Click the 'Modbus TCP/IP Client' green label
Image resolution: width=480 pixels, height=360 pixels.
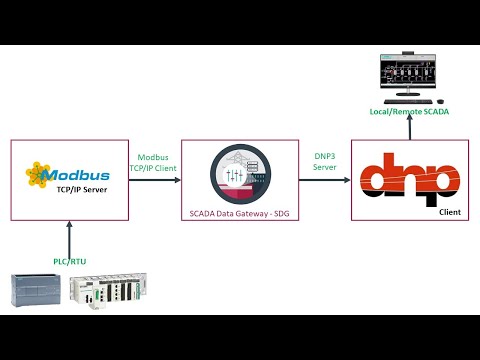tap(154, 162)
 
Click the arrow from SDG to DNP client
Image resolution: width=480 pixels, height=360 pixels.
tap(324, 180)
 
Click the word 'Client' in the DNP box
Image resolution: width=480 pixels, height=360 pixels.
tap(454, 212)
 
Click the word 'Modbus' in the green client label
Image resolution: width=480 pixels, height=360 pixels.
tap(154, 156)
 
